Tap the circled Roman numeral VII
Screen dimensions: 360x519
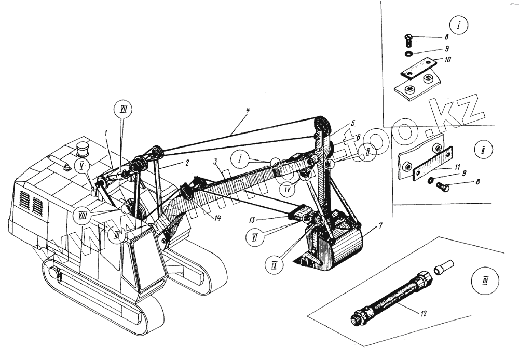[124, 110]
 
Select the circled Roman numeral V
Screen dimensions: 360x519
[81, 166]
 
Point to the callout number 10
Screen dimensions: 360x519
[447, 60]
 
